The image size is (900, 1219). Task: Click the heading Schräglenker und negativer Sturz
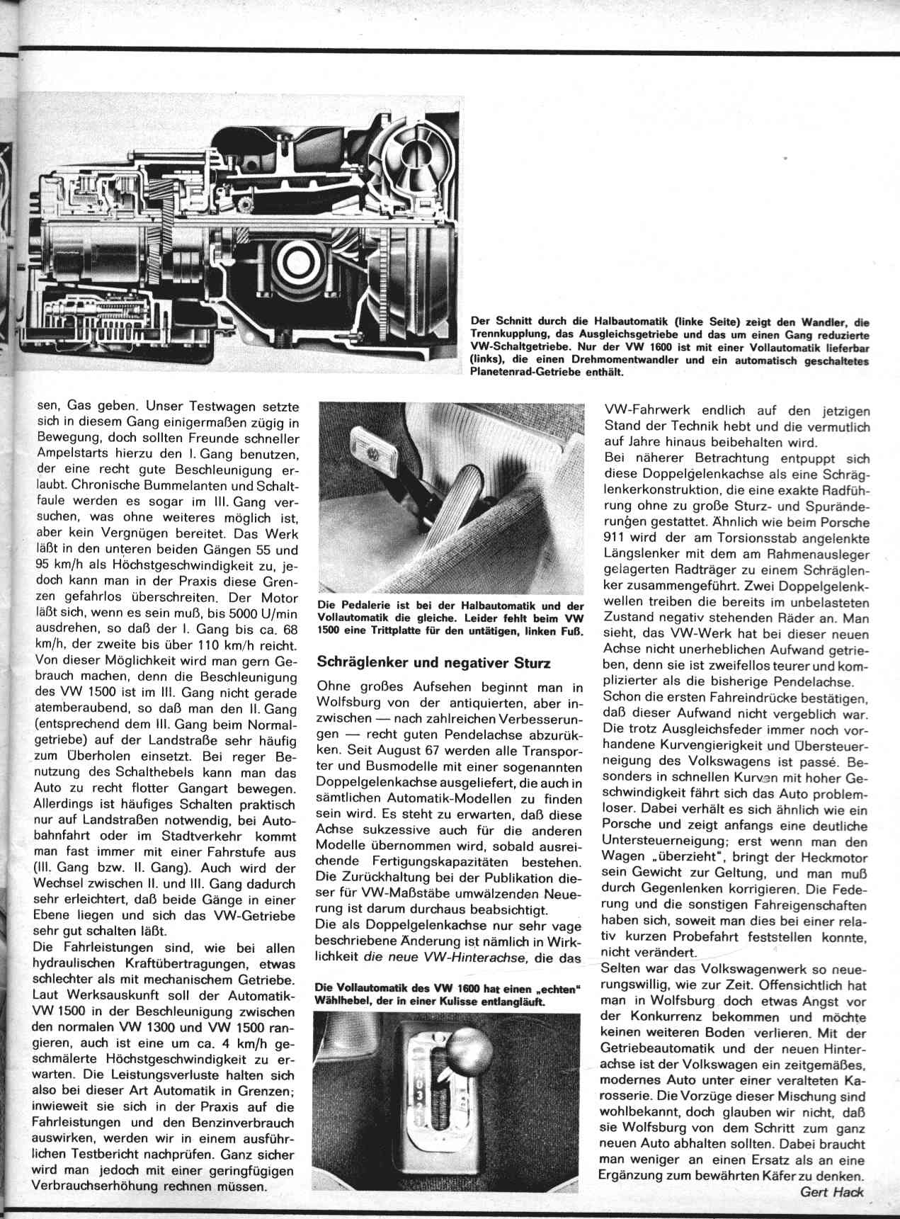(434, 664)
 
